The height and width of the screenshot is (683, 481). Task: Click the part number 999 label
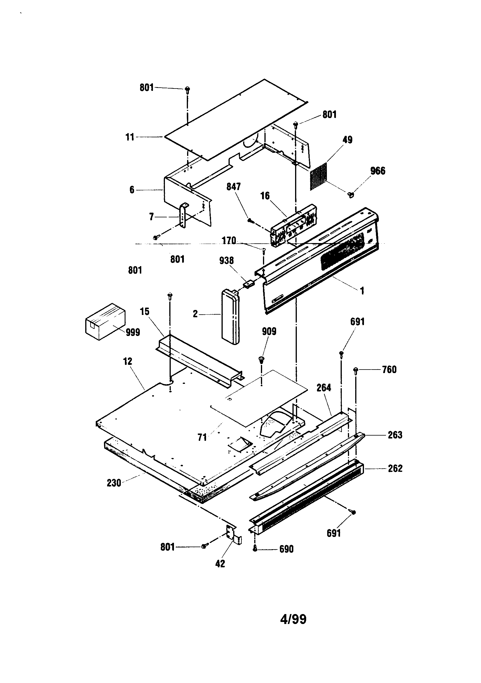(x=133, y=332)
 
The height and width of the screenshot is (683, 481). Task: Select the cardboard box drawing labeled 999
(x=105, y=322)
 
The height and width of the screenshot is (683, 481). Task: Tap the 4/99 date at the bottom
(x=293, y=619)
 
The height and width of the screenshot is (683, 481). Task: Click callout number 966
(x=378, y=171)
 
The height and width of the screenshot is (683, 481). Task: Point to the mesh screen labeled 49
(x=318, y=177)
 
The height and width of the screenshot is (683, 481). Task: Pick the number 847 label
(x=233, y=187)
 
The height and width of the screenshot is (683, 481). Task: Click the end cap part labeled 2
(x=230, y=318)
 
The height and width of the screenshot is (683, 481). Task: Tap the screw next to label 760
(x=355, y=370)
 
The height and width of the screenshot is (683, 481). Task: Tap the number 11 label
(x=130, y=137)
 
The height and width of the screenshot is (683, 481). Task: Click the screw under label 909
(x=262, y=360)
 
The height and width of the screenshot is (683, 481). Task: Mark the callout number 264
(x=323, y=388)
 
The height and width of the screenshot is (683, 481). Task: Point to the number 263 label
(x=395, y=435)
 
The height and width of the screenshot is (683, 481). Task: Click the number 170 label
(x=229, y=240)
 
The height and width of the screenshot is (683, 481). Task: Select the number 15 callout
(x=144, y=312)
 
